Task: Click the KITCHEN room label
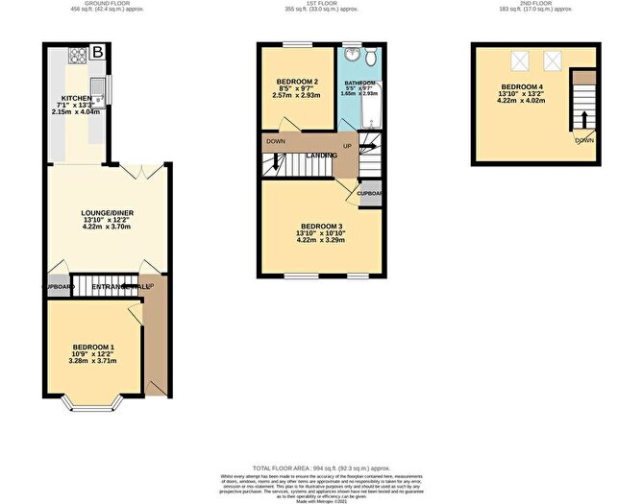(76, 99)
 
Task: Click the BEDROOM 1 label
(93, 347)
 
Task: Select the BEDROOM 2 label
(298, 82)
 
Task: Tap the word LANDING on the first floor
(321, 156)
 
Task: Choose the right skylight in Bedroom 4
(554, 62)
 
